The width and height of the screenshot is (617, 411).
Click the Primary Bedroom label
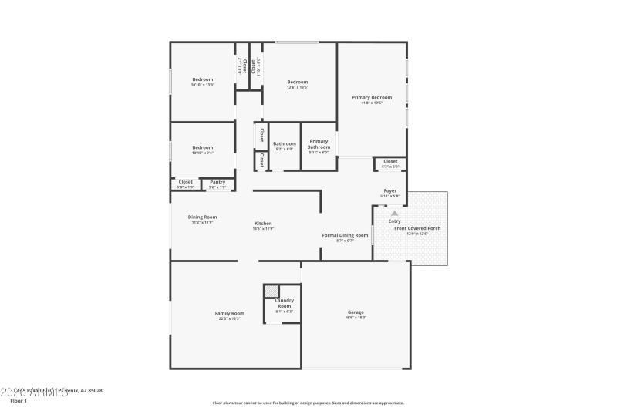pyautogui.click(x=372, y=97)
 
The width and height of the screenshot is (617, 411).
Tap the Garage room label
pyautogui.click(x=356, y=312)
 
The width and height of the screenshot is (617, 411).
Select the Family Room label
pyautogui.click(x=229, y=313)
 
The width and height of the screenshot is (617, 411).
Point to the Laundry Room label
pyautogui.click(x=285, y=303)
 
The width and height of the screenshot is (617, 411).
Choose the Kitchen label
pyautogui.click(x=263, y=224)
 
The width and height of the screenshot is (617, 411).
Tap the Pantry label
pyautogui.click(x=217, y=182)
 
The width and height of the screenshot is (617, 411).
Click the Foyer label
pyautogui.click(x=390, y=190)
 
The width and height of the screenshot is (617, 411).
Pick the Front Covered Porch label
pyautogui.click(x=417, y=228)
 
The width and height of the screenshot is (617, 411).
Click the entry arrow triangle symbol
pyautogui.click(x=395, y=212)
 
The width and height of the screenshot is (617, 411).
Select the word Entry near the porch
pyautogui.click(x=394, y=221)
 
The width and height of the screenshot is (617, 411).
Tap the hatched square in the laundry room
pyautogui.click(x=271, y=291)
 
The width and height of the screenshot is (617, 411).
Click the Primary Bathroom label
pyautogui.click(x=319, y=143)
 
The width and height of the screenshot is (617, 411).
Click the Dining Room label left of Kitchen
pyautogui.click(x=203, y=217)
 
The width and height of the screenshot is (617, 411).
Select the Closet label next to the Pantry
pyautogui.click(x=186, y=182)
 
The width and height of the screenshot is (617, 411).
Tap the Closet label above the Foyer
pyautogui.click(x=390, y=161)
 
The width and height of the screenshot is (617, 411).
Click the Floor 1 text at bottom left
pyautogui.click(x=19, y=401)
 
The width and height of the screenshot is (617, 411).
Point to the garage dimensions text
pyautogui.click(x=356, y=318)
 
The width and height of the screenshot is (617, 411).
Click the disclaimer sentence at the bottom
pyautogui.click(x=308, y=403)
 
